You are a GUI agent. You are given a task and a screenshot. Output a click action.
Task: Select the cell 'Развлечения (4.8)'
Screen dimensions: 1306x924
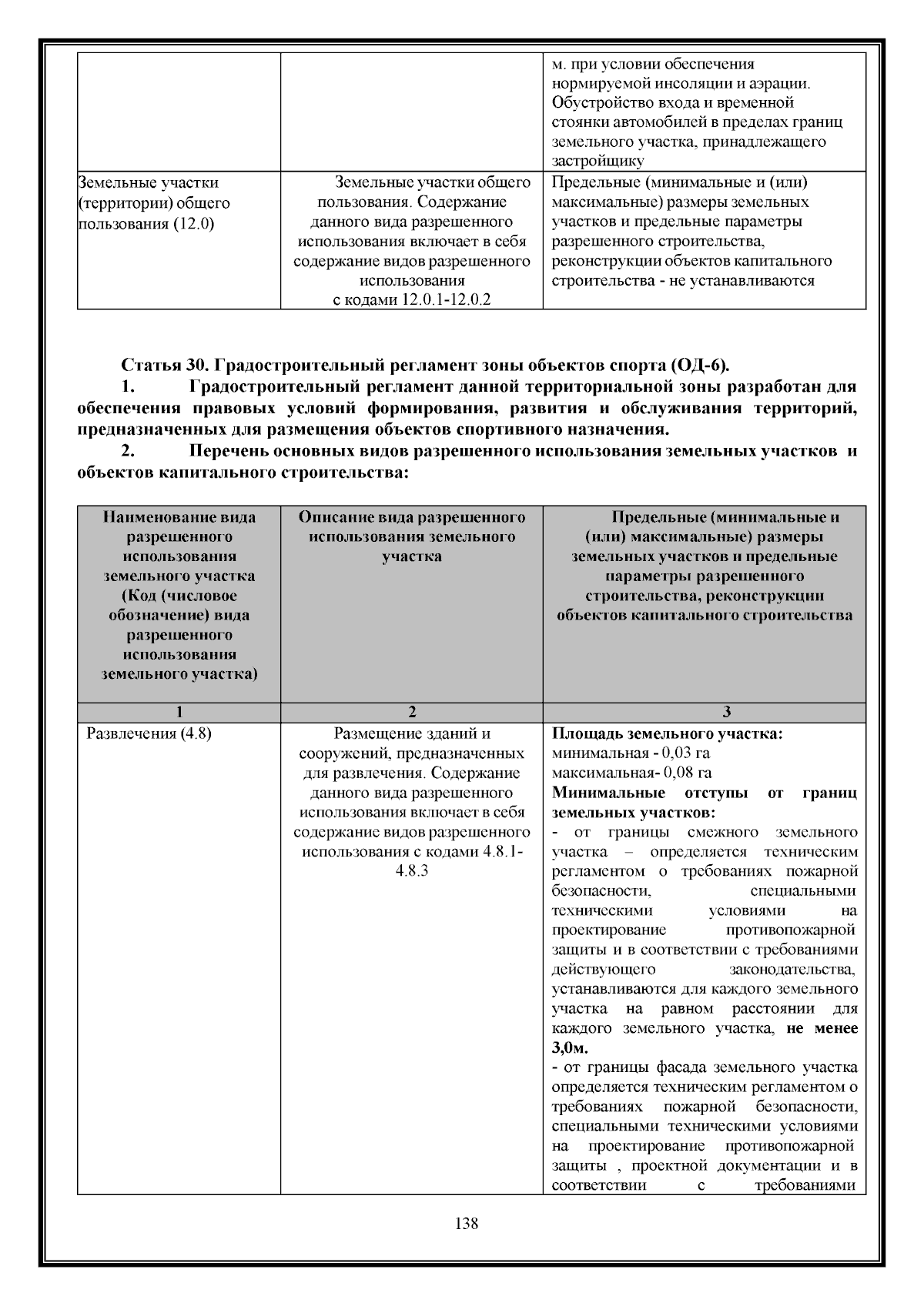coord(149,733)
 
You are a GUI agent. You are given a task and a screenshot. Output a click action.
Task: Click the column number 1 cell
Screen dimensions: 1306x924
coord(179,712)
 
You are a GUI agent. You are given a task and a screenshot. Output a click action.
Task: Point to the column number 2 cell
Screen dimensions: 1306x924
coord(411,712)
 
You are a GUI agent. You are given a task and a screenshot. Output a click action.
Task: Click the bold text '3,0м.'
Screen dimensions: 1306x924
coord(569,1048)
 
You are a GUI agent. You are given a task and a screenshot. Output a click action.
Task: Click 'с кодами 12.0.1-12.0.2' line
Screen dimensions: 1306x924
coord(411,299)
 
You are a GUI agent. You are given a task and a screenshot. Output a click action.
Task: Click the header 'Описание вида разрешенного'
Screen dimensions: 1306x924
coord(411,517)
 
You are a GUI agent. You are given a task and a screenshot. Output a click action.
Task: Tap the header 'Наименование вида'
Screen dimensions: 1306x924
coord(179,517)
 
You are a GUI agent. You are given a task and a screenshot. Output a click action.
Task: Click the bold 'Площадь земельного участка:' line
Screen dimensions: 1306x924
coord(668,733)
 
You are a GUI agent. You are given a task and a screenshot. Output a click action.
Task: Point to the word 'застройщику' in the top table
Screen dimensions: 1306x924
coord(598,161)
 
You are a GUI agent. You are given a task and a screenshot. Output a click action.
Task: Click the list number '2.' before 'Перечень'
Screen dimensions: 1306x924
coord(129,452)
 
